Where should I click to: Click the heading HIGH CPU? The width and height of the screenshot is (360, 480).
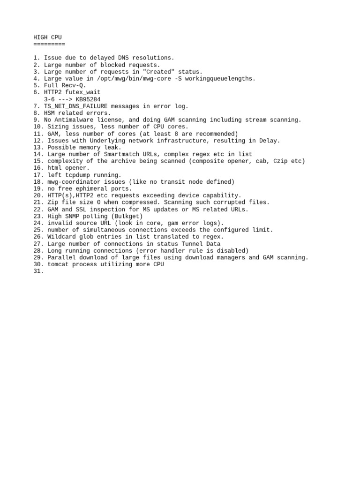click(47, 37)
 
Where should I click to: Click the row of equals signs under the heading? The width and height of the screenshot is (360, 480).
click(49, 44)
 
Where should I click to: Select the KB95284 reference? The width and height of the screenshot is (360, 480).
click(88, 99)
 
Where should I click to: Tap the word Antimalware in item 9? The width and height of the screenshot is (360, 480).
click(75, 120)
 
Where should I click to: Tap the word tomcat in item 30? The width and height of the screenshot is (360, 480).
click(58, 264)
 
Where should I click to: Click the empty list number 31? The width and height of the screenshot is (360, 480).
click(38, 271)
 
